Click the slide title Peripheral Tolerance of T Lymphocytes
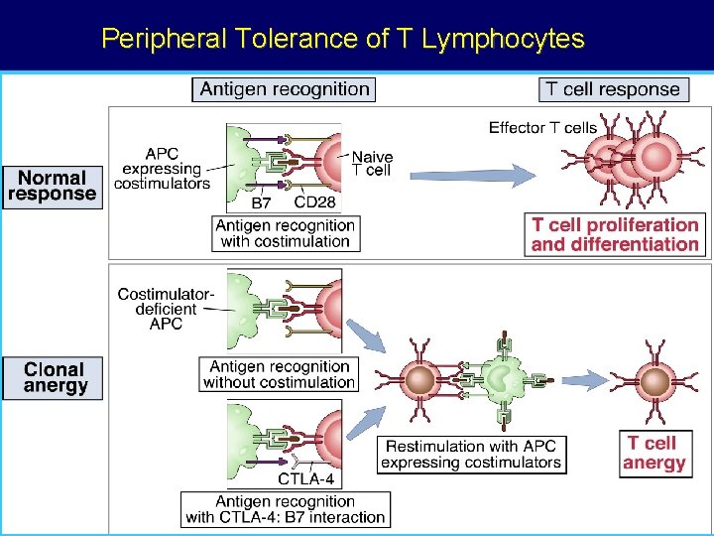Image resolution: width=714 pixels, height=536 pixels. point(343,39)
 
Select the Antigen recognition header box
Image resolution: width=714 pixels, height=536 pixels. point(284,89)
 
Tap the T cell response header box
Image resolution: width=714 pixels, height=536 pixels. point(615,89)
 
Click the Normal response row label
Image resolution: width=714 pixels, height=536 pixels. point(53,186)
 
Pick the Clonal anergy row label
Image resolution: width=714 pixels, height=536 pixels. point(56,378)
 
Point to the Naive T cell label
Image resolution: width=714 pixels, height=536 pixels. point(372,164)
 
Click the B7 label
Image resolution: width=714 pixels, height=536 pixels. point(261,202)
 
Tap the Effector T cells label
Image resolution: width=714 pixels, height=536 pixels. point(542,127)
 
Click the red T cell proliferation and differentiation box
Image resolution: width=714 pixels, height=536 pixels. point(615,234)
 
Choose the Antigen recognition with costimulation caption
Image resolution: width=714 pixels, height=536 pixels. point(285,233)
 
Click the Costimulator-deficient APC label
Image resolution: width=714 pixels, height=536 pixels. point(165,308)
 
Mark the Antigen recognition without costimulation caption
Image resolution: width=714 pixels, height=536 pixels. point(279,374)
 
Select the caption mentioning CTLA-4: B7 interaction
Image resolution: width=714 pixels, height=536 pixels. point(285,509)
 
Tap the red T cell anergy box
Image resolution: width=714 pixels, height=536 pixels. point(654,453)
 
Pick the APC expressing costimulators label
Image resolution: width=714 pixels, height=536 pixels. point(163,169)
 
